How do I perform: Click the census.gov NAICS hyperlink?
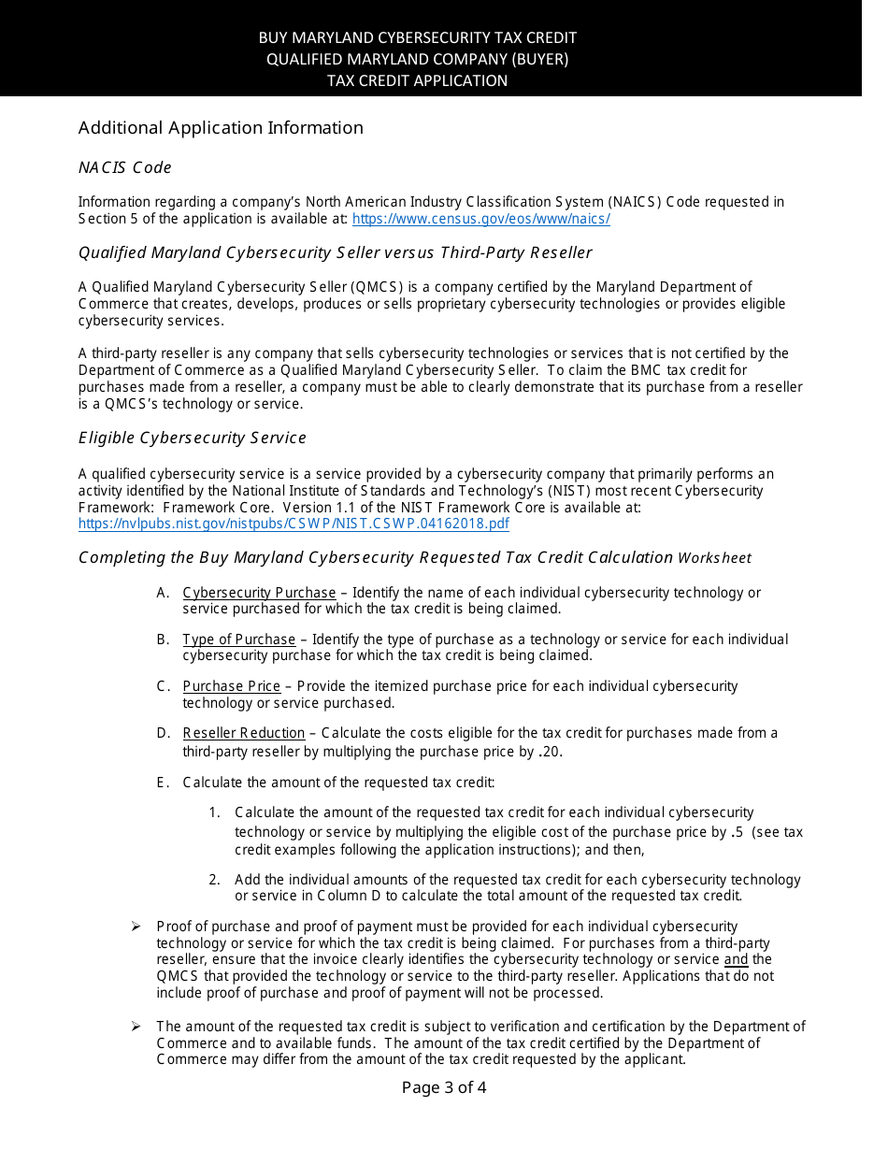pos(480,219)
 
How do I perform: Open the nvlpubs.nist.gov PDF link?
pos(294,524)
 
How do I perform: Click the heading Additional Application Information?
pos(221,128)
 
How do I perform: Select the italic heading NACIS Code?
pos(125,168)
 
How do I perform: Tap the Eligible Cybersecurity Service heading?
pos(193,438)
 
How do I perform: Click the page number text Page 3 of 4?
pos(444,1087)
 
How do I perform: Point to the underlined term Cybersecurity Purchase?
pos(259,593)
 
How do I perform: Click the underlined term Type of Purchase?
pos(239,640)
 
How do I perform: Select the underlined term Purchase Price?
pos(232,686)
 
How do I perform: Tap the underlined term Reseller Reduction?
pos(244,733)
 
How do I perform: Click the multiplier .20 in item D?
pos(551,752)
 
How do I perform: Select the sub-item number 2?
pos(214,880)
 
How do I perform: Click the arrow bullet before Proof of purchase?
pos(136,927)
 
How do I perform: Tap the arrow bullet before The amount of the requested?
pos(136,1027)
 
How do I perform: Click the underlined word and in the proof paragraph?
pos(737,959)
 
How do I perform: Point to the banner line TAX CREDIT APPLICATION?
pos(417,80)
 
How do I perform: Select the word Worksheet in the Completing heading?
pos(715,558)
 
